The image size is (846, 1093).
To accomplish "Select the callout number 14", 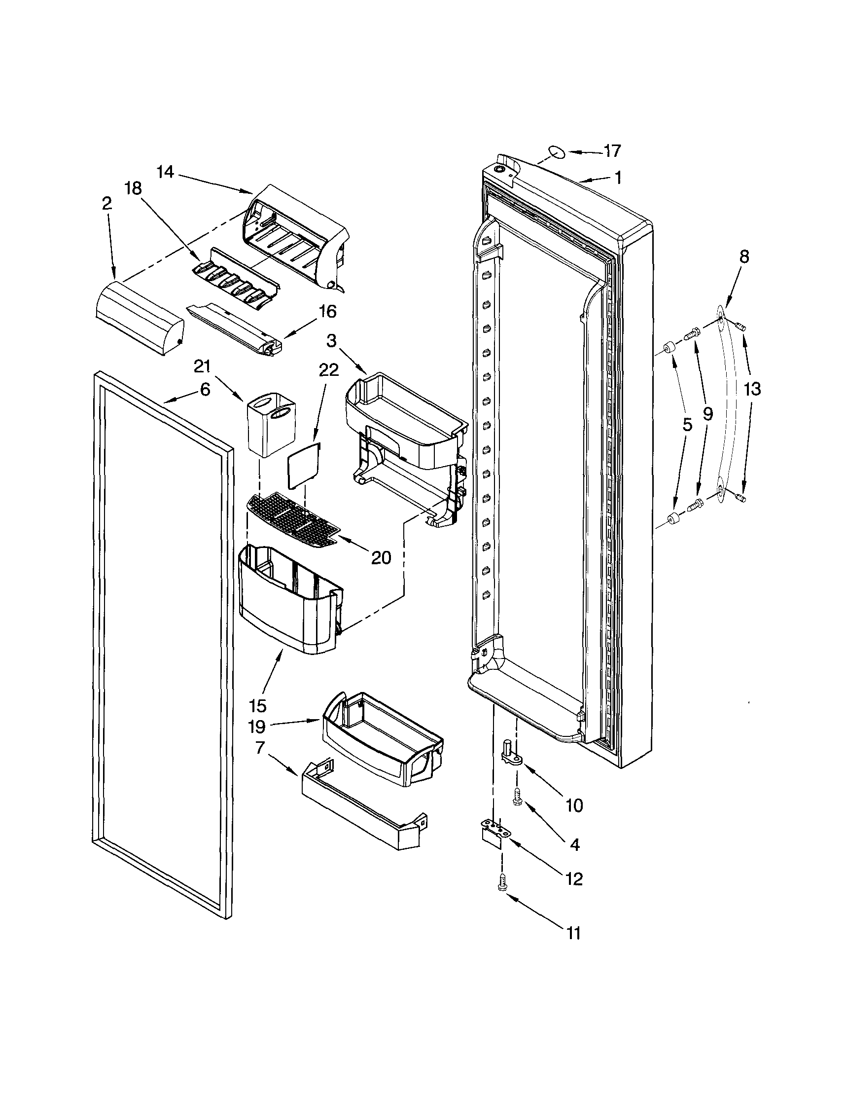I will (165, 172).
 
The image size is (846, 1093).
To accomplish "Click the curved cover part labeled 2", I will (139, 319).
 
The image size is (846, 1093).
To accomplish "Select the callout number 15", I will (258, 706).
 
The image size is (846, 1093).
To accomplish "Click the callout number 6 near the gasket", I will (205, 390).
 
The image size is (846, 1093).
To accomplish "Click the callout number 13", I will (752, 389).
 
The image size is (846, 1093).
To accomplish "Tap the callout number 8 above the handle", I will (744, 257).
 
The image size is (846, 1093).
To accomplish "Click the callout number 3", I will (331, 341).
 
